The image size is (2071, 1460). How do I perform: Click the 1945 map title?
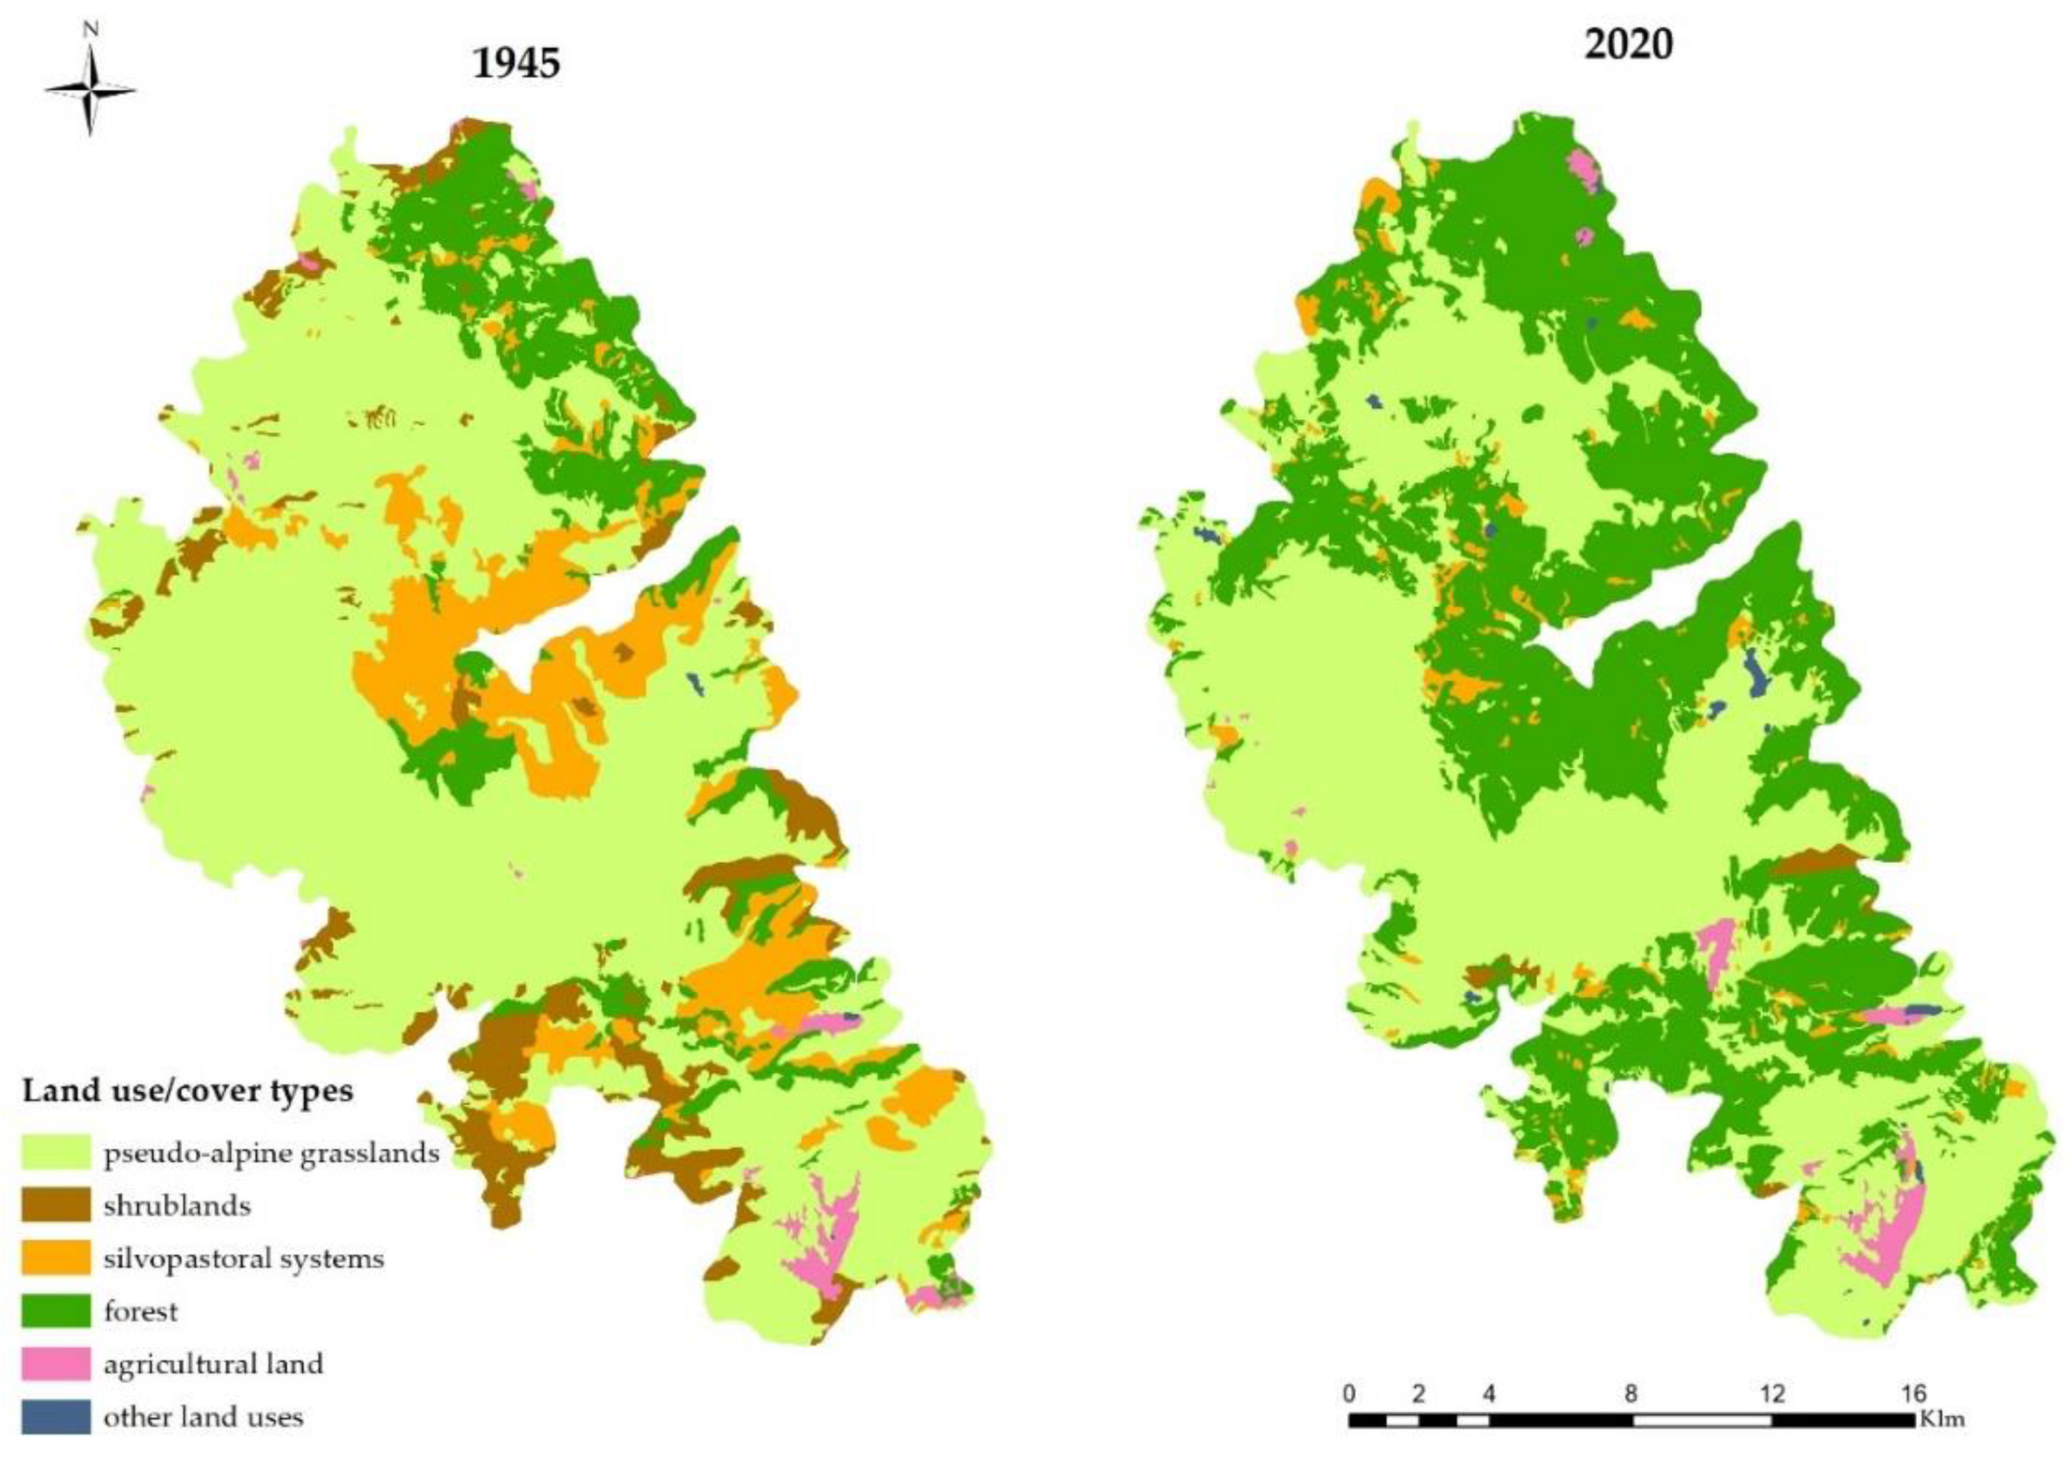(x=516, y=63)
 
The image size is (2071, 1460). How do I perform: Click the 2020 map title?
(x=1628, y=43)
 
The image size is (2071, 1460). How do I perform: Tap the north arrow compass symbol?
(x=90, y=90)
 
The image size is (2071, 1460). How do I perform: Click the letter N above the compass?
(x=90, y=29)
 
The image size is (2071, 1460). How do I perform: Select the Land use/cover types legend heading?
(x=187, y=1091)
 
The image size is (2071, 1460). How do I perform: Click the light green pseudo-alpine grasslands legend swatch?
(x=56, y=1153)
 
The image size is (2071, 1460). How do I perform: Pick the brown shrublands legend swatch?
(x=56, y=1205)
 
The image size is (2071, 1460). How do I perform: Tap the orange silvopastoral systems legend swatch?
(x=56, y=1258)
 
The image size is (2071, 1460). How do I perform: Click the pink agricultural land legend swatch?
(x=56, y=1364)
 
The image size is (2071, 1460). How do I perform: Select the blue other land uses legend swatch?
(x=56, y=1416)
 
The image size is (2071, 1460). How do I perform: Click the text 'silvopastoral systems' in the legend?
(x=244, y=1258)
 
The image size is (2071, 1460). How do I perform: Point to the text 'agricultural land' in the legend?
(x=213, y=1364)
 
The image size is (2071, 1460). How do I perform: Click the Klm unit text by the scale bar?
(x=1941, y=1419)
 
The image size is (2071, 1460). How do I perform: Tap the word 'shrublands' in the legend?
(x=177, y=1205)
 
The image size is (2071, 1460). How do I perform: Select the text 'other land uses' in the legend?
(x=203, y=1416)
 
